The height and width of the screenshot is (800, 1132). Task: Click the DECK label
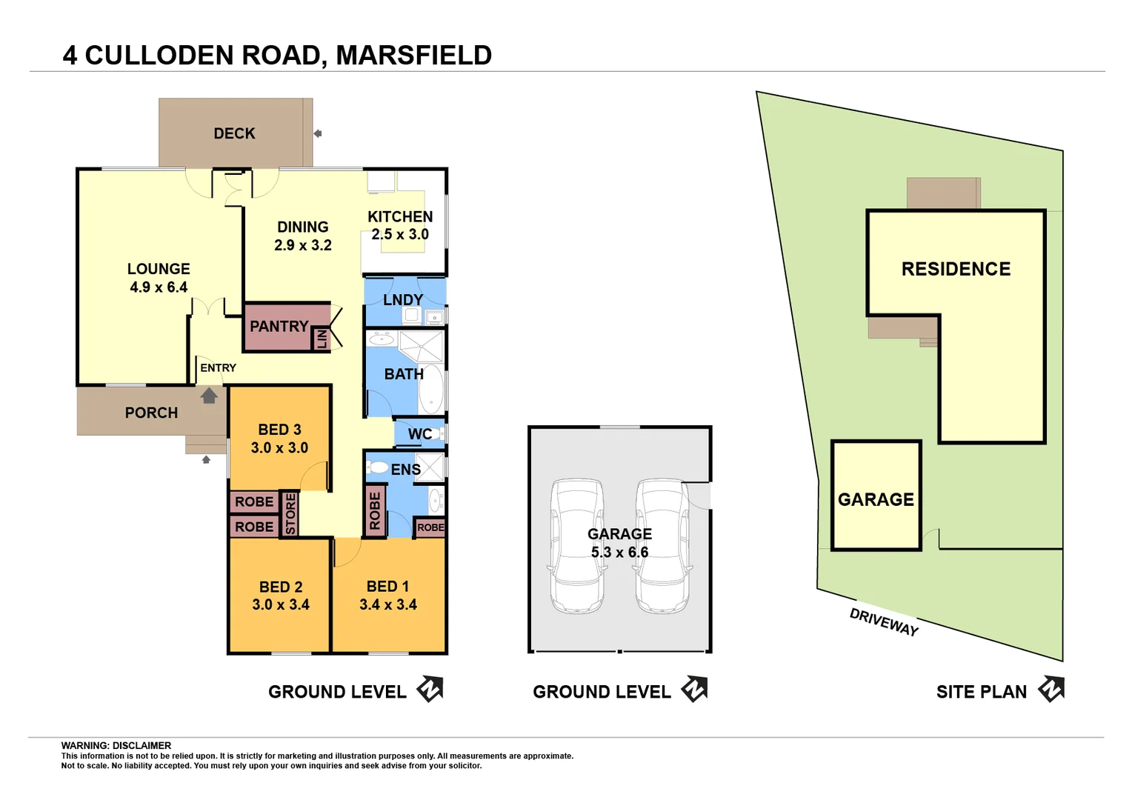coord(234,133)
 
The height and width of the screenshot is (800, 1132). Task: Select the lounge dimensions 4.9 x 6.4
coord(159,287)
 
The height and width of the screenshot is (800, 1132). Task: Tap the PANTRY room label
coord(279,327)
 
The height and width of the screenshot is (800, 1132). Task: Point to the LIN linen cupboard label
coord(322,339)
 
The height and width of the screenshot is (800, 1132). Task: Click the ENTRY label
coord(218,368)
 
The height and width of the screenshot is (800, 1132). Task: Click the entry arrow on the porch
coord(209,396)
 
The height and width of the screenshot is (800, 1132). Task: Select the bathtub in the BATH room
coord(431,388)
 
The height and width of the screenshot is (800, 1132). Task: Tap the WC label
coord(419,434)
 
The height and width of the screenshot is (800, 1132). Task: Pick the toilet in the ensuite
coord(378,467)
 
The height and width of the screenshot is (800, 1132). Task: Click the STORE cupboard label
coord(290,514)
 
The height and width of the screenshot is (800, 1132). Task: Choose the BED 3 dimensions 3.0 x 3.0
coord(279,448)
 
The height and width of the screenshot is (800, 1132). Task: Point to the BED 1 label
coord(387,587)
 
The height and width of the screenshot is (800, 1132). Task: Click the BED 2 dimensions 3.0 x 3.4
coord(281,604)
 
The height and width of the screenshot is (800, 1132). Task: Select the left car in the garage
coord(576,547)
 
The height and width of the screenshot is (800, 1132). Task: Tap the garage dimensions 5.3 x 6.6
coord(619,553)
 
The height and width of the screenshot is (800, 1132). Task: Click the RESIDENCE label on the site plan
coord(956,269)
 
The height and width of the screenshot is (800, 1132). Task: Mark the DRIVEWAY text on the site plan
coord(884,621)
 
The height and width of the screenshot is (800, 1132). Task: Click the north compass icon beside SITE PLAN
coord(1051,689)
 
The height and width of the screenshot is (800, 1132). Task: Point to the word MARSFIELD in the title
coord(413,56)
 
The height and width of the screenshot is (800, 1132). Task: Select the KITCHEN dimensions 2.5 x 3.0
coord(400,235)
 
